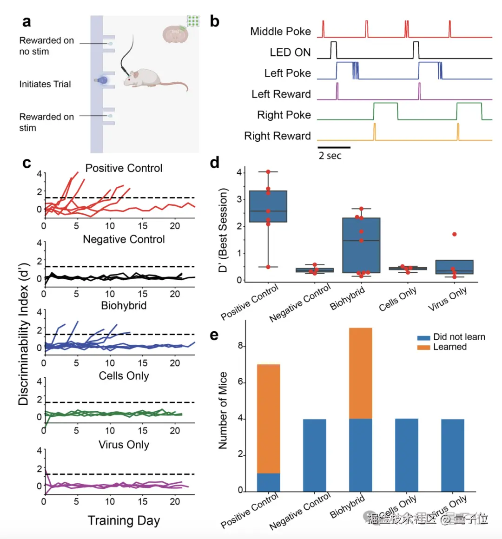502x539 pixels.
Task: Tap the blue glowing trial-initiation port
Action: [x=102, y=80]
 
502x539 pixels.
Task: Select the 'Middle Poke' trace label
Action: [x=280, y=32]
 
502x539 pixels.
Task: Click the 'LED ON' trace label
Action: [x=290, y=53]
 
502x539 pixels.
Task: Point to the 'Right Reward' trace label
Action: [x=277, y=136]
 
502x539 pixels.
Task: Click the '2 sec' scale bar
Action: [x=334, y=147]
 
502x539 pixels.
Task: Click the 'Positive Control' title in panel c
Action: [x=124, y=168]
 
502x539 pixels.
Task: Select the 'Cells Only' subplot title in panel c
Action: [x=124, y=376]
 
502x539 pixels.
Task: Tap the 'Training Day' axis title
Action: [x=124, y=521]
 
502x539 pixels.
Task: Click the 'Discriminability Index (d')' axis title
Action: [x=24, y=335]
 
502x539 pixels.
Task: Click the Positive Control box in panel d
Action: [x=268, y=206]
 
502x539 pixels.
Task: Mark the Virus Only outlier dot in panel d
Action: [x=454, y=234]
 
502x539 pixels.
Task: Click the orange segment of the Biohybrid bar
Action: [x=361, y=373]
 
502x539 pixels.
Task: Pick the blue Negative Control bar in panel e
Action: [x=315, y=455]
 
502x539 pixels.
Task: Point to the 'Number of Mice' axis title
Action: [x=223, y=410]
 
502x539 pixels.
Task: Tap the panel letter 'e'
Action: [x=214, y=335]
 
